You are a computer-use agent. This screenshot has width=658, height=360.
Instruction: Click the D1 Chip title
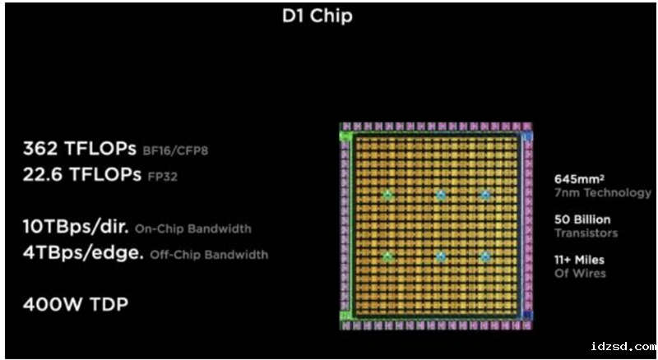[317, 16]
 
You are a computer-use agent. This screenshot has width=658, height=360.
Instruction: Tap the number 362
[41, 149]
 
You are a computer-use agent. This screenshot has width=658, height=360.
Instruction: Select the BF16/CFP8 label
[175, 150]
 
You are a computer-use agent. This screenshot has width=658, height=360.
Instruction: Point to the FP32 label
[162, 177]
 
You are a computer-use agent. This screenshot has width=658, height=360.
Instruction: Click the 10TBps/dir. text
[76, 228]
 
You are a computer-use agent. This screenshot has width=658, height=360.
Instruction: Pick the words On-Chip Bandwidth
[193, 228]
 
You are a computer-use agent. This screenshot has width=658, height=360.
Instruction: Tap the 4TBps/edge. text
[83, 253]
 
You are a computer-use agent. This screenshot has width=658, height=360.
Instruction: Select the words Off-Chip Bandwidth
[209, 254]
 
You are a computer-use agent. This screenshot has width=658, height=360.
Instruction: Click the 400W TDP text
[76, 304]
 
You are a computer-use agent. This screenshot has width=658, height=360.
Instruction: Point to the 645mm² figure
[580, 179]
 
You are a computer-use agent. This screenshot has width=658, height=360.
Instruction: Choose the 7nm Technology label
[603, 193]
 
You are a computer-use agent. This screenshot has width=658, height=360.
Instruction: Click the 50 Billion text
[582, 219]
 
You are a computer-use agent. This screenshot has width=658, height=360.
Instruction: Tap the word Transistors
[586, 233]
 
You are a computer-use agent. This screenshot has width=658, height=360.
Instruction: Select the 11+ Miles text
[580, 261]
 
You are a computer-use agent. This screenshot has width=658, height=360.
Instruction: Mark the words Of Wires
[581, 274]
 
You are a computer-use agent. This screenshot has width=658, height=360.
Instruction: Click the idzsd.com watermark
[623, 347]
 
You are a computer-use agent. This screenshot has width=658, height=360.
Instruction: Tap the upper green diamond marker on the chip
[387, 195]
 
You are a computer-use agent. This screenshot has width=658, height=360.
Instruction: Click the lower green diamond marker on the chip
[387, 256]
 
